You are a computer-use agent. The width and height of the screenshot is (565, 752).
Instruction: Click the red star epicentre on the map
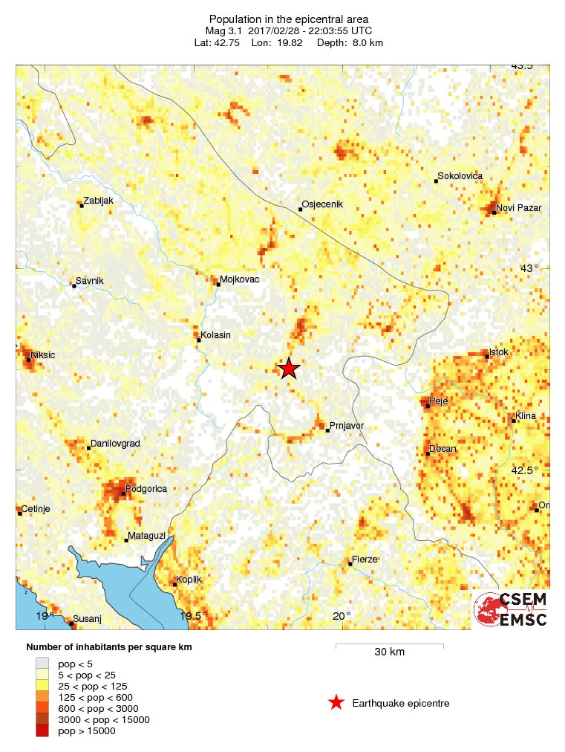point(289,368)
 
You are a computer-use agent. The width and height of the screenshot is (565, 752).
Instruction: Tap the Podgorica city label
point(146,489)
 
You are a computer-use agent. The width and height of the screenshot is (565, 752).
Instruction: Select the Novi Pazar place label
point(518,208)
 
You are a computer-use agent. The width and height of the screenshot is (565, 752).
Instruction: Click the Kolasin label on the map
point(216,335)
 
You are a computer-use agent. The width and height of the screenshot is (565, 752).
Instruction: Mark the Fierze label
point(365,559)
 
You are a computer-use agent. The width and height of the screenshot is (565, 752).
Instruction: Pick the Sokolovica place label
point(460,176)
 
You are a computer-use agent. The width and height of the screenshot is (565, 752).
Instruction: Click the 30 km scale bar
point(389,646)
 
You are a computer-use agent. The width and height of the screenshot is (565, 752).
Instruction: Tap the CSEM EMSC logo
point(511,609)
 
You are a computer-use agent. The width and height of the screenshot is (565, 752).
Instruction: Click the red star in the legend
point(336,702)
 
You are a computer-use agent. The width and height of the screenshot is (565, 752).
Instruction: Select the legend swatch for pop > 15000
point(42,731)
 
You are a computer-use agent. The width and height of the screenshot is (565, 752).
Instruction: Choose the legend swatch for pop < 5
point(42,663)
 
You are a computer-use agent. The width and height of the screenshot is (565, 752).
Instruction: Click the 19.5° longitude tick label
point(194,616)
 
